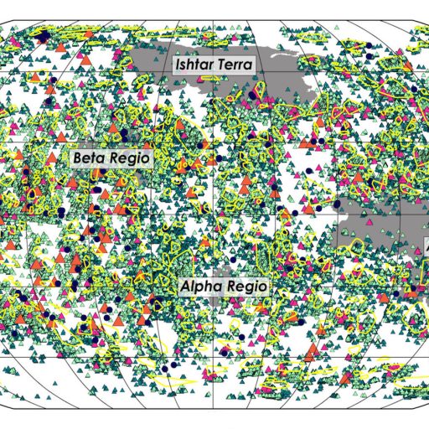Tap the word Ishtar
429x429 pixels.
click(x=193, y=65)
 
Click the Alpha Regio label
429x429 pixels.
click(x=225, y=286)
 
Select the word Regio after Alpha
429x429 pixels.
click(x=248, y=287)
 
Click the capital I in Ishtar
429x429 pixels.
click(x=176, y=65)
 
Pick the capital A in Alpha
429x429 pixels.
click(x=186, y=286)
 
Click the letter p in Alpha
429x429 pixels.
click(x=200, y=287)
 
